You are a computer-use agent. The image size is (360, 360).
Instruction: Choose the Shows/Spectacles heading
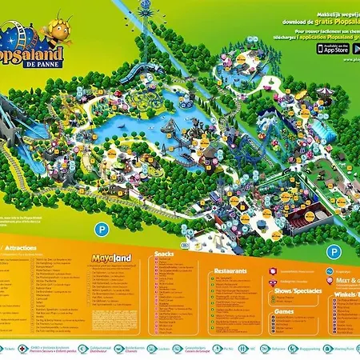295,291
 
